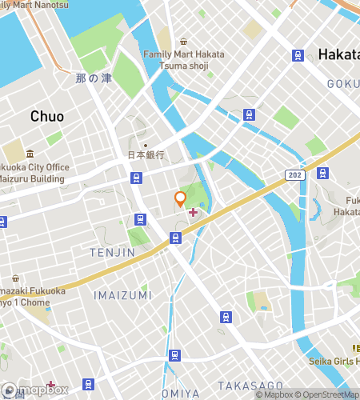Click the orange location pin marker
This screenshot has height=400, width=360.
coord(181,199)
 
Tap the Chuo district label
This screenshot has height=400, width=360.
coord(47,117)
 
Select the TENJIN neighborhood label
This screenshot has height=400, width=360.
coord(112,253)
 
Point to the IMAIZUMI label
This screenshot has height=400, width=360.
coord(123,295)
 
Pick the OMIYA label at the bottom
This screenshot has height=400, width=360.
coord(180,393)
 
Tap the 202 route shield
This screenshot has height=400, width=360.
coord(294,174)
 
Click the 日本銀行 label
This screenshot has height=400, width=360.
coord(146,155)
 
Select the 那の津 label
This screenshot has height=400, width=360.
coord(93,78)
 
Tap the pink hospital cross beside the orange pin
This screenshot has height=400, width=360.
coord(192,212)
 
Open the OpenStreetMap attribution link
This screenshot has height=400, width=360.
coord(327,394)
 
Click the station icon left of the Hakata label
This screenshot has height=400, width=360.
coord(298,55)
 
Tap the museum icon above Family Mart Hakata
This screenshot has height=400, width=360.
coord(183,42)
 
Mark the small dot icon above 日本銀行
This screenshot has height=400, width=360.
coord(145,145)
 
